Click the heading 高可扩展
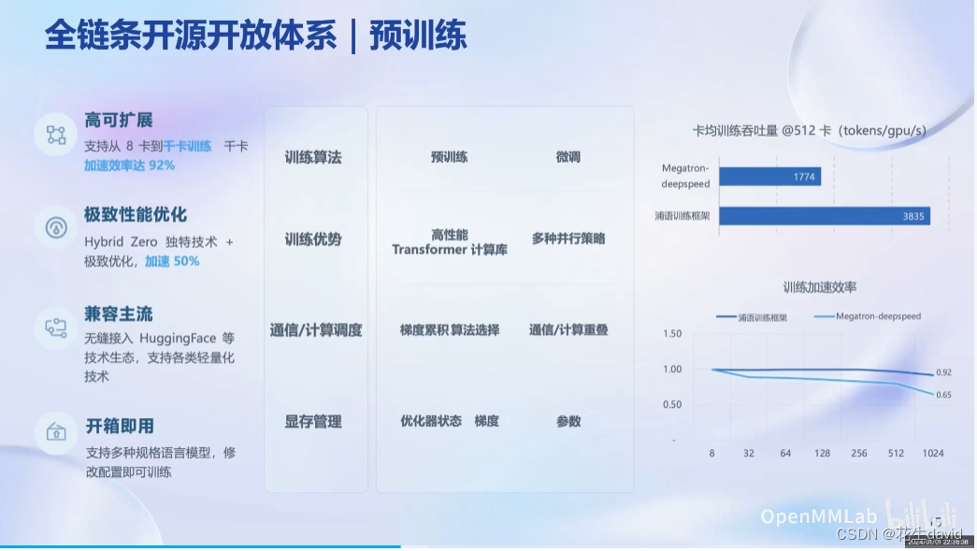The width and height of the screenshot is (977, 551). coord(118,120)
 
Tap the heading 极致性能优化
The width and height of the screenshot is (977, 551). coord(136,215)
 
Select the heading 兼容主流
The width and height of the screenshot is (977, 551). coord(118,313)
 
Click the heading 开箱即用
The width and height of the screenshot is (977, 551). coord(119,426)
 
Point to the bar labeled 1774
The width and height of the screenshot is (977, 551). coord(769,176)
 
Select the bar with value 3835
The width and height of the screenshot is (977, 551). coord(824,216)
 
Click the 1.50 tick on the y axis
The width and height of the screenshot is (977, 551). coord(671,334)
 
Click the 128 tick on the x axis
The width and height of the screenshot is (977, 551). coord(822,454)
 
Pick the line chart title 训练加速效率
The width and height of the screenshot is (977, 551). coord(819,287)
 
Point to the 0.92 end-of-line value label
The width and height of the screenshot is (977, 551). coord(943,373)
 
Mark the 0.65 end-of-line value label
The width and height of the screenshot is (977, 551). coord(943,395)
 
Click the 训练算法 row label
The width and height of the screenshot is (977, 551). coord(313,157)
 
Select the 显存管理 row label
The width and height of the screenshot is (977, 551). coord(313,422)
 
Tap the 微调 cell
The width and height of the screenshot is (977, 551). coord(568,157)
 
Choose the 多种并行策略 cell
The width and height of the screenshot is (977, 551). coord(568,239)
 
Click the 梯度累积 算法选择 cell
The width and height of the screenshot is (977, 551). coord(450,330)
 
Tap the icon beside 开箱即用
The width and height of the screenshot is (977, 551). coord(56,432)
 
